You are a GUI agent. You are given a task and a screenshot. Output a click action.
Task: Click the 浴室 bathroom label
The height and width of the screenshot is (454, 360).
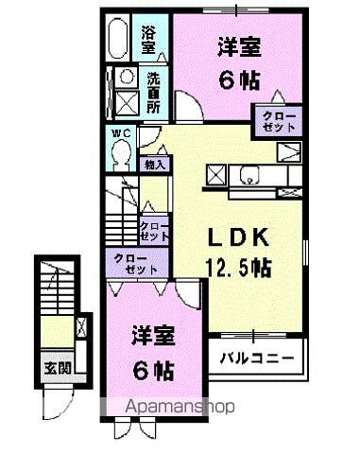point(149,39)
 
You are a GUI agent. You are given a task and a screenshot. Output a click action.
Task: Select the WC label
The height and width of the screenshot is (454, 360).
point(121,133)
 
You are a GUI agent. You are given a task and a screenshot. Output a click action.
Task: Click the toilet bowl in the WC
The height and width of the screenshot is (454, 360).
point(120,157)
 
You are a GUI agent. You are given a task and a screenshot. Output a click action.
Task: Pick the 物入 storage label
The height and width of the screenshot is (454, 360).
point(156,165)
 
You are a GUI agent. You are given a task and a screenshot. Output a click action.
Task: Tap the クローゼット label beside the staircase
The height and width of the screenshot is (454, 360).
point(153,230)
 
